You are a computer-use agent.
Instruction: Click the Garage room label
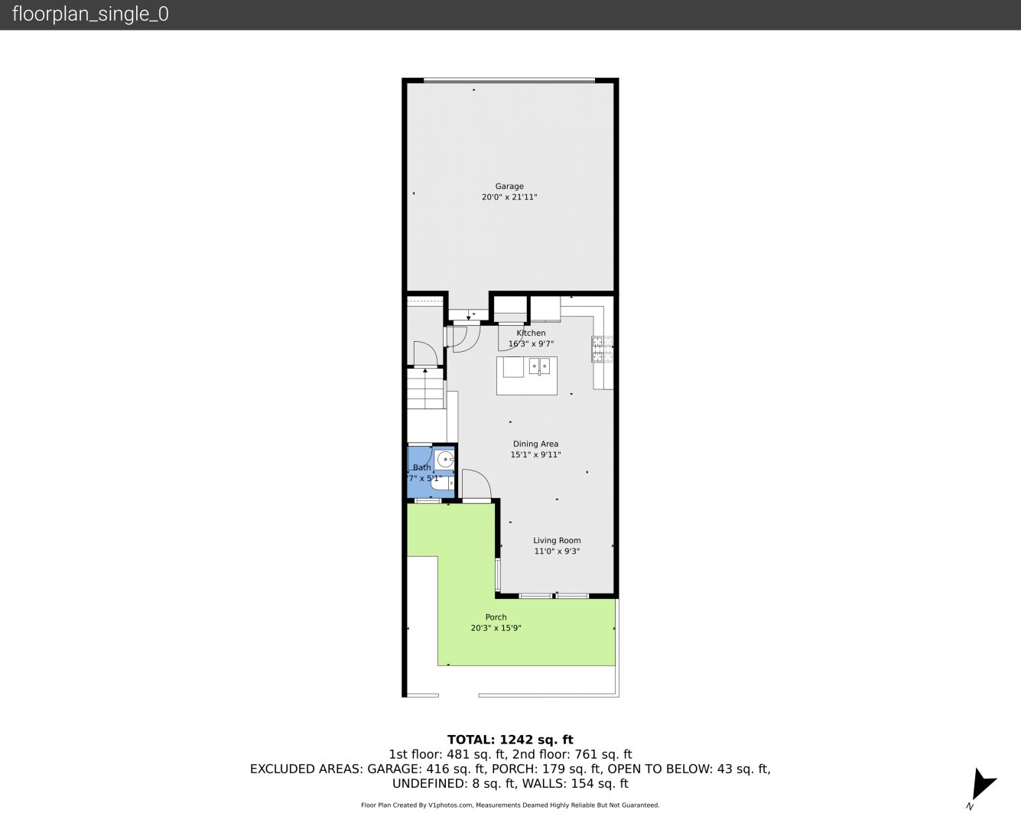(509, 186)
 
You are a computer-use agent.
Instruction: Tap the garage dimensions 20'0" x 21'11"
(509, 197)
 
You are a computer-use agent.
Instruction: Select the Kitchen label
(531, 333)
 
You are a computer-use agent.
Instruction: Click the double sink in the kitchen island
(539, 367)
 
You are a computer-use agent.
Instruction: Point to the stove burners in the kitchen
(603, 349)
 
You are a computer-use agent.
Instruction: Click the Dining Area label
(535, 444)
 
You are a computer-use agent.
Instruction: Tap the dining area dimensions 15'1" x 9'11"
(535, 454)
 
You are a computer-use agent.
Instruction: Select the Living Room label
(557, 540)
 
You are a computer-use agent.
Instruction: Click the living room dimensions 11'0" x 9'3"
(557, 551)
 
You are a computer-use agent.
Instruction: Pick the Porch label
(496, 617)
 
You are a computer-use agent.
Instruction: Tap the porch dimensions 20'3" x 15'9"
(496, 628)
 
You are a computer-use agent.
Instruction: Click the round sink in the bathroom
(445, 460)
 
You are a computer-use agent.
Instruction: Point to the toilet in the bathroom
(441, 483)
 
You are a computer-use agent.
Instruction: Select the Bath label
(422, 467)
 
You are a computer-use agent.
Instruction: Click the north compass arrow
(983, 784)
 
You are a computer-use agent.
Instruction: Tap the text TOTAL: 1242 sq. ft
(510, 740)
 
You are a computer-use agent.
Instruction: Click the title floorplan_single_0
(90, 14)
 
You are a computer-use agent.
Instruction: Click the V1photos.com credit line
(510, 805)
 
